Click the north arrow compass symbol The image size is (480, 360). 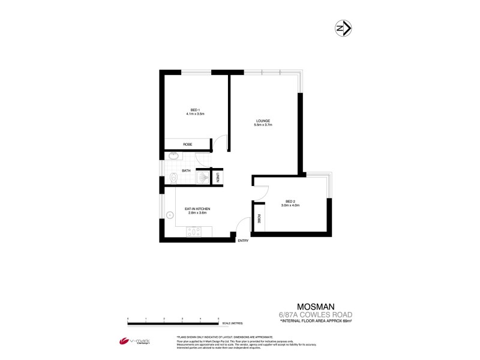coord(343,28)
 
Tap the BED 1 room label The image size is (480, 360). coord(195,109)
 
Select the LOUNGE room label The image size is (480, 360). coord(263,121)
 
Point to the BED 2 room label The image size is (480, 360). coord(290,201)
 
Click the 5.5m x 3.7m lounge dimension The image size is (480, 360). coord(263,125)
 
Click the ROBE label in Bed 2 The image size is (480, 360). coord(259,220)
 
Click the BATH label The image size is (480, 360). coord(186,171)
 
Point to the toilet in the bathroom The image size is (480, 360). coord(173,177)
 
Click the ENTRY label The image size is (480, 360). coord(243,241)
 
